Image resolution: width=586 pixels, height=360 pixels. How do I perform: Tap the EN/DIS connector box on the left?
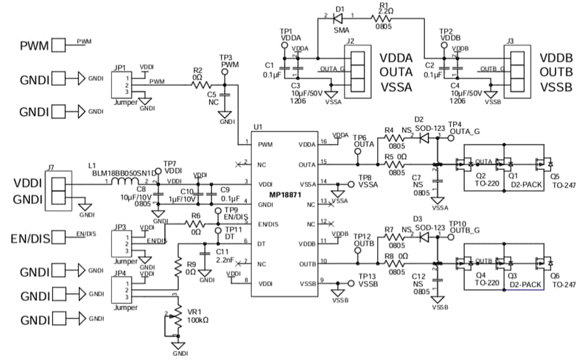coord(60,236)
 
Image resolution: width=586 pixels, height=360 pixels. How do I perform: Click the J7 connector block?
coord(55,191)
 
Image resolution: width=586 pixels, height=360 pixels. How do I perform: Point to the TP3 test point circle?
coord(225,73)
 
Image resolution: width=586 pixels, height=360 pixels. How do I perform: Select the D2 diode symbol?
coord(424,139)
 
